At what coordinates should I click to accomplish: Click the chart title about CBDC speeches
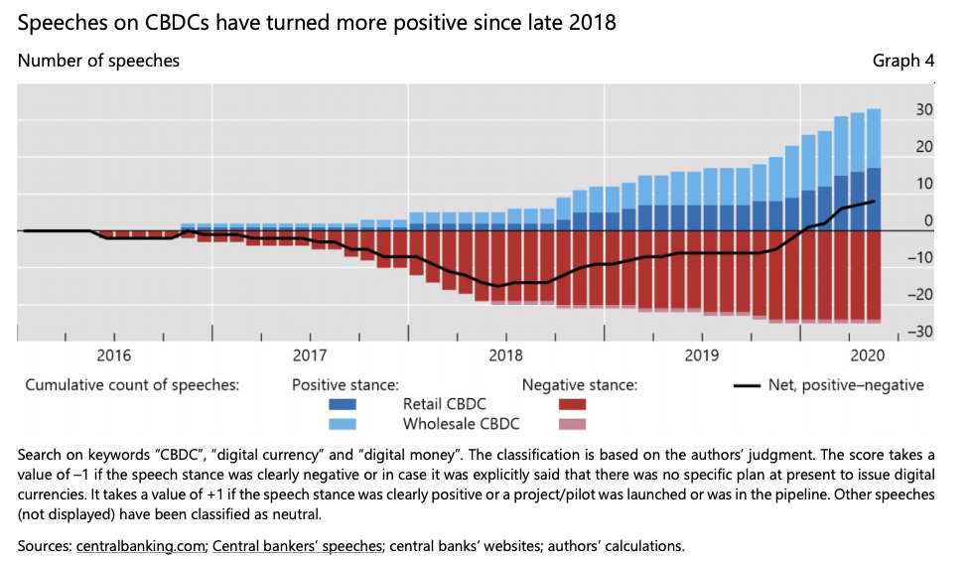click(x=317, y=22)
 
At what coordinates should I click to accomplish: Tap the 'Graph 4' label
click(x=902, y=62)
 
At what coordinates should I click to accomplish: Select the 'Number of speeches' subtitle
click(x=98, y=62)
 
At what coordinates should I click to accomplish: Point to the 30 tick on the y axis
click(x=923, y=110)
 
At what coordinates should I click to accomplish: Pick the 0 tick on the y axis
click(x=927, y=221)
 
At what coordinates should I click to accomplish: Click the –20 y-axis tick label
click(x=920, y=295)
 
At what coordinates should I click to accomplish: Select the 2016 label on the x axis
click(x=114, y=354)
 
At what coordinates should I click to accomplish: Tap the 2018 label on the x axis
click(x=506, y=354)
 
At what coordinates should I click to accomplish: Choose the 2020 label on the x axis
click(x=867, y=354)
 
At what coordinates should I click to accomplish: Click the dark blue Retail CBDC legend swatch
click(x=343, y=405)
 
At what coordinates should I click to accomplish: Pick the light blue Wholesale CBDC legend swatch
click(x=343, y=425)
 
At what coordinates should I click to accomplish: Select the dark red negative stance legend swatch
click(x=567, y=405)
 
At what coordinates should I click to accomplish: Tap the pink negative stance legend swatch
click(x=567, y=425)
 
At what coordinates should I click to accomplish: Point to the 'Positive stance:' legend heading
click(x=345, y=385)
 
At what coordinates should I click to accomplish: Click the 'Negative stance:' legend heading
click(x=579, y=385)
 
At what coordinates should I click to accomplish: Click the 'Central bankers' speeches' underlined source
click(x=298, y=545)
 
